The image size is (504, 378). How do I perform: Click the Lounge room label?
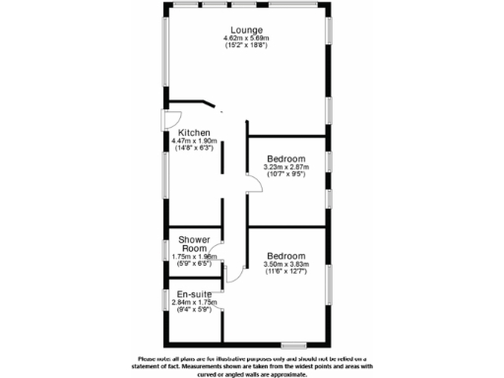point(247,30)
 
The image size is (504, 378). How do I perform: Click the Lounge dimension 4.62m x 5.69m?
point(247,38)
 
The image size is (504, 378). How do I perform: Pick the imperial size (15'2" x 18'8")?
point(247,46)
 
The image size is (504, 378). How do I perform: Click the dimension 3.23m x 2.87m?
point(286,167)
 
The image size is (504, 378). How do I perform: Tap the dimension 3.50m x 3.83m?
point(286,264)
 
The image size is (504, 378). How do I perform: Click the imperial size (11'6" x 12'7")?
point(286,272)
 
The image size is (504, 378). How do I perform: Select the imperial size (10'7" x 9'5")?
point(286,175)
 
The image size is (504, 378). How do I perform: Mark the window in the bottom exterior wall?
point(293,345)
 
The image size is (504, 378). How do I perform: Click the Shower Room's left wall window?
point(164,253)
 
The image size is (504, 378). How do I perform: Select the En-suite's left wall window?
point(164,300)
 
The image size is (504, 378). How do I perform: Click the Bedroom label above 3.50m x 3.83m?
point(286,255)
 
